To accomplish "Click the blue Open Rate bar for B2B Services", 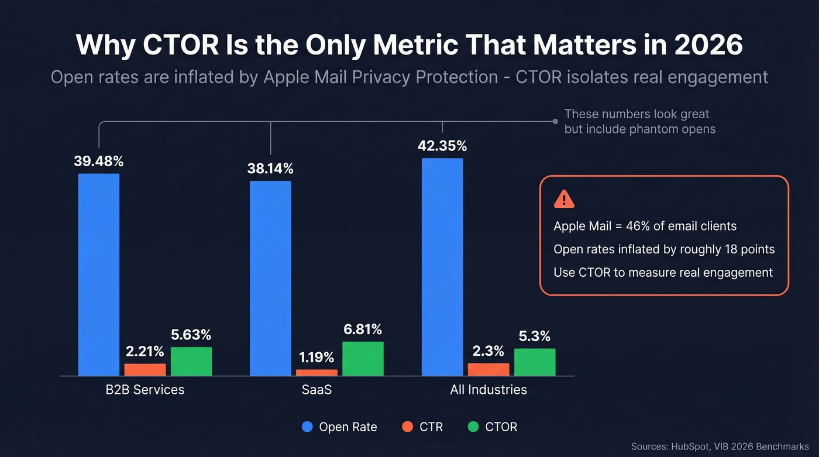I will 99,274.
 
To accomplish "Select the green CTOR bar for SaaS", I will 363,359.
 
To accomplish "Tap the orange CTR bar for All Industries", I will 488,369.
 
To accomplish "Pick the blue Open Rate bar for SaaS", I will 270,278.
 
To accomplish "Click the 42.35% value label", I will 442,146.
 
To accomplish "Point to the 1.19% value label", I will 316,357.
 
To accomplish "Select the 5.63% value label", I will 191,335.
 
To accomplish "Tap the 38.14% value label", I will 270,169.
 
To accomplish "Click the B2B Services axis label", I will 145,390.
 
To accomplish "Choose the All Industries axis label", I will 488,390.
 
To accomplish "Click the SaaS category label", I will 316,390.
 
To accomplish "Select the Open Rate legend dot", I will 308,427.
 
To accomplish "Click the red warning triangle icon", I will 563,200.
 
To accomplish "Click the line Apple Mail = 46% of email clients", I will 645,226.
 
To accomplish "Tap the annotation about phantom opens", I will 639,122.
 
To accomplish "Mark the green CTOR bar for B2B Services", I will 191,361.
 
